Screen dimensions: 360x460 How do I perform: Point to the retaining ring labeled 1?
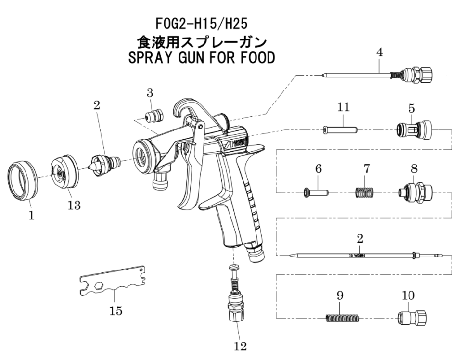coord(23,180)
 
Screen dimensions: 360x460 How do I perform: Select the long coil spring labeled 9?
coord(342,318)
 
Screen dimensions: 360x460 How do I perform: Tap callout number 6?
coord(318,169)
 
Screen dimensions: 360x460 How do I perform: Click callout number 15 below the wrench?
coord(115,311)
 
